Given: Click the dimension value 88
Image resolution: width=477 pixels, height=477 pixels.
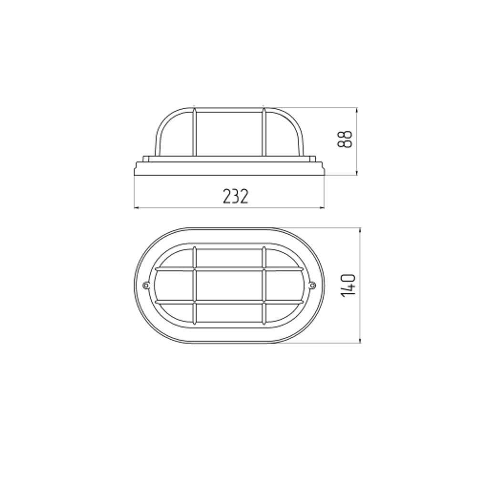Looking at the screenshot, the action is [x=345, y=139].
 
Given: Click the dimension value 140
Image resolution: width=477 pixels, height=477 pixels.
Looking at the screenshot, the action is [x=349, y=286].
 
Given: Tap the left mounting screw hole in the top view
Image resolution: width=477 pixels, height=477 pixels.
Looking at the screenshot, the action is [x=145, y=285].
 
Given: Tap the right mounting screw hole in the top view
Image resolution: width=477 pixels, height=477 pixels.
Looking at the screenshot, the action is [x=313, y=285].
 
